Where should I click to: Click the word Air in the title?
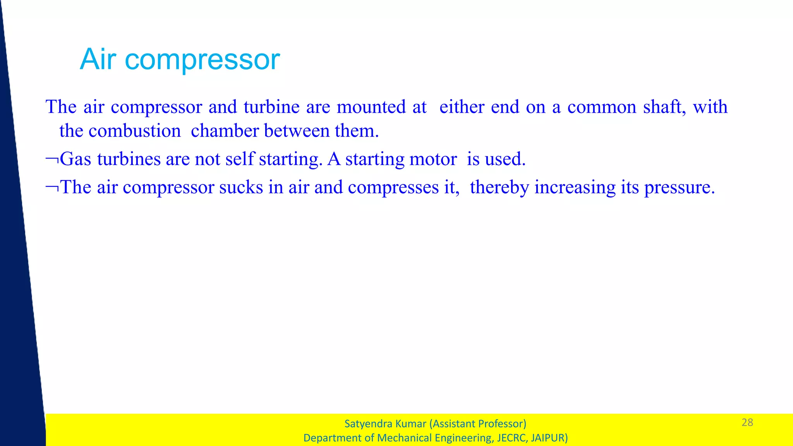(98, 59)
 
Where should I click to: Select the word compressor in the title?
(202, 60)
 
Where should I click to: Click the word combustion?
(134, 131)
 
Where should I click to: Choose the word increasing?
(575, 188)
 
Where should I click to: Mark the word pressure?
(679, 188)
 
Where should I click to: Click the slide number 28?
(747, 422)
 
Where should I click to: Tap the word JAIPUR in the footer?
(549, 438)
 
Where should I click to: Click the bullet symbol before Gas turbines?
(52, 159)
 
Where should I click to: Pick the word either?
(462, 107)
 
